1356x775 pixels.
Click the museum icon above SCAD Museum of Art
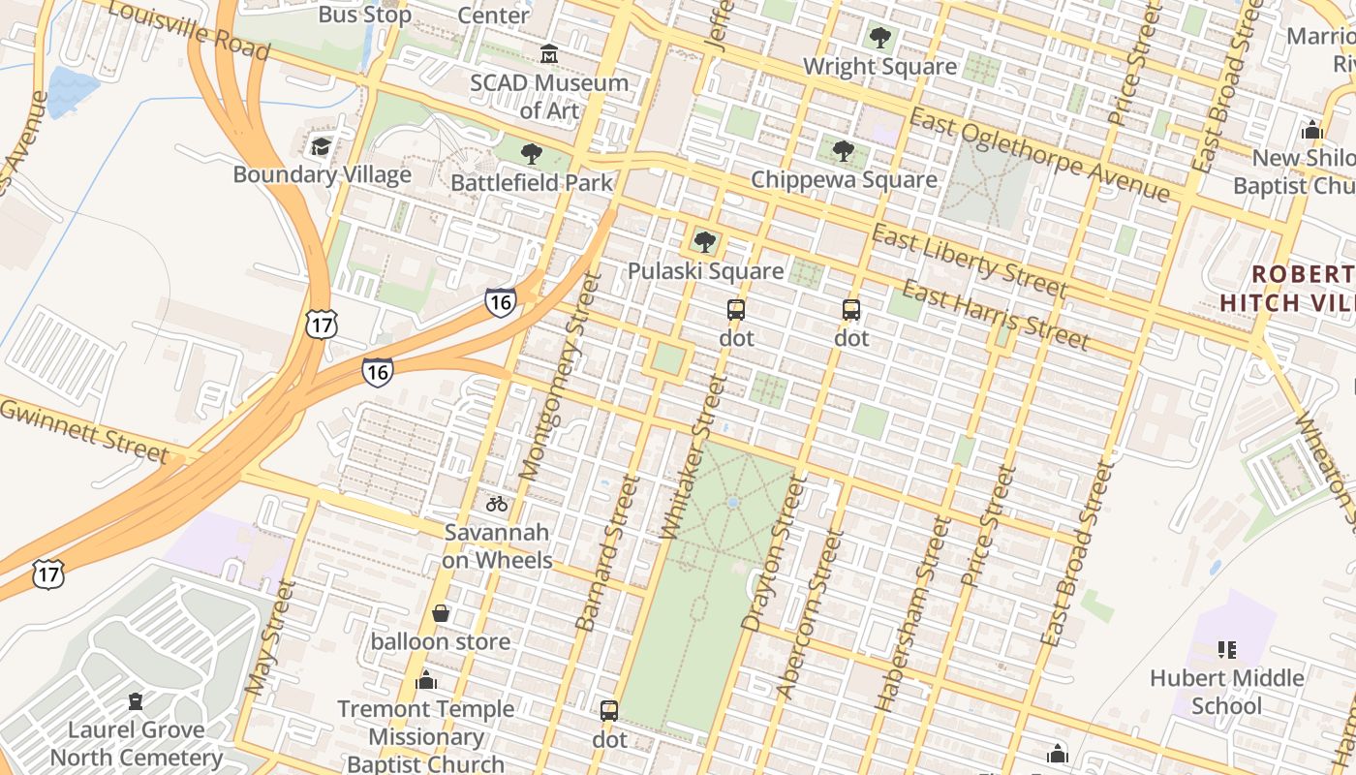(549, 52)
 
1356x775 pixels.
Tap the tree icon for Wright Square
(879, 39)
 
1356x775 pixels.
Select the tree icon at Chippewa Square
(844, 151)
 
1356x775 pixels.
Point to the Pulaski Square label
(705, 270)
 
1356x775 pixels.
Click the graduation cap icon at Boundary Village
(321, 147)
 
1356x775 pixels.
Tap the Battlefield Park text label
(532, 182)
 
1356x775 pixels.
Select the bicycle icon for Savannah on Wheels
(497, 504)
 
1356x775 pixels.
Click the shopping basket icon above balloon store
(441, 613)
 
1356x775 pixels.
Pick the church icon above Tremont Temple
(426, 681)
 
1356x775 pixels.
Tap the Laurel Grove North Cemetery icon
(136, 701)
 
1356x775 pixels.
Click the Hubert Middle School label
(1226, 692)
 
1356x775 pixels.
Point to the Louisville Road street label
(188, 30)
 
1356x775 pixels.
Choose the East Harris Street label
(995, 314)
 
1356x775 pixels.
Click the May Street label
(269, 637)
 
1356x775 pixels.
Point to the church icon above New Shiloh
(1312, 130)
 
